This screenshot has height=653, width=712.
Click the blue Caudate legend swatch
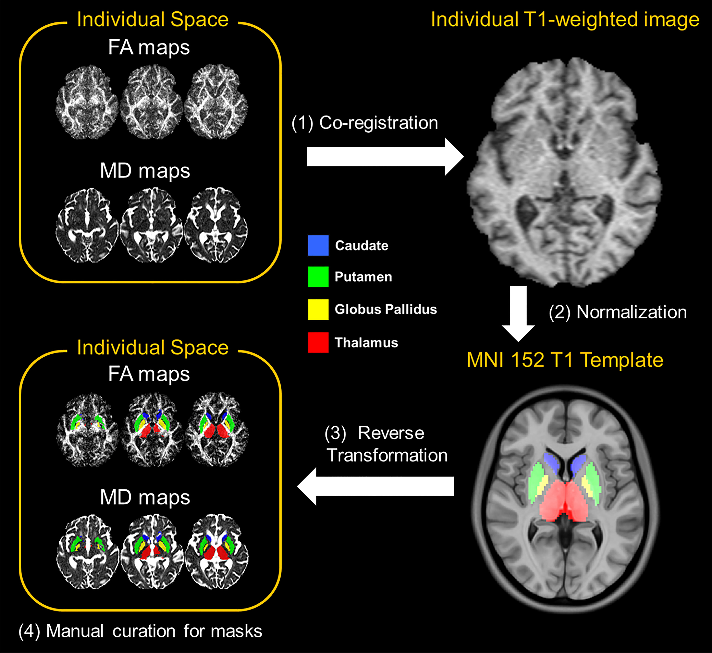tap(318, 245)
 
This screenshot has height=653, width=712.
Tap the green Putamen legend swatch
tap(318, 277)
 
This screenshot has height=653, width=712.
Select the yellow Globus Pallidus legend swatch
tap(318, 310)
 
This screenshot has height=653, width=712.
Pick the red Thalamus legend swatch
tap(318, 342)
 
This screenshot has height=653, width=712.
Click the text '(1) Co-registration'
tap(365, 123)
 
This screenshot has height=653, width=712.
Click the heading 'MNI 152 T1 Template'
tap(565, 360)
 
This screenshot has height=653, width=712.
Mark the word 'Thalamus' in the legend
tap(366, 342)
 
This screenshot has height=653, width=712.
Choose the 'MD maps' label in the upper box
tap(145, 171)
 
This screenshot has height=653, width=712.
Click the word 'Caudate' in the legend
tap(361, 245)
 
